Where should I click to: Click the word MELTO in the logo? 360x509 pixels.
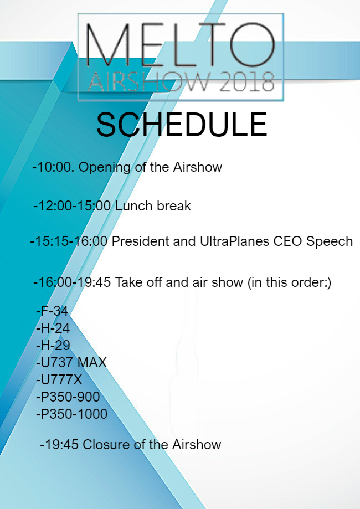pos(181,44)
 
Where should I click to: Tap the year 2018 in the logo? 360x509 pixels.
pos(246,81)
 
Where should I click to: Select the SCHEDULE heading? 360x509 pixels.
pos(182,125)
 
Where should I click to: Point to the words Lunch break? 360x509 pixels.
pos(153,206)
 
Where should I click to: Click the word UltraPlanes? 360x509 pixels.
pos(234,241)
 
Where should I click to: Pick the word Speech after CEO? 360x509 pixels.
pos(330,241)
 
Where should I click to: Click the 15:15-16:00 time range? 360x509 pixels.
pos(70,241)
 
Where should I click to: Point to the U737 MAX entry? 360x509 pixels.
pos(71,363)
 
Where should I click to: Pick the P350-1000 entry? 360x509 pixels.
pos(72,414)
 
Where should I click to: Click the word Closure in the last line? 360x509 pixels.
pos(108,445)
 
